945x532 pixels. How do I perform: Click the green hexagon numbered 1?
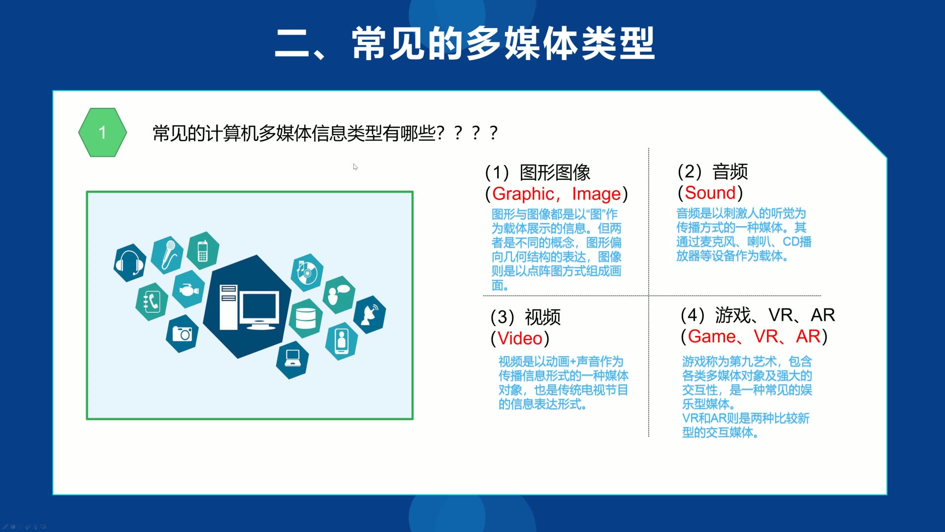point(102,133)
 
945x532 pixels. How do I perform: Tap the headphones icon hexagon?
point(129,263)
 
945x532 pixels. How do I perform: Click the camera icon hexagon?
point(182,334)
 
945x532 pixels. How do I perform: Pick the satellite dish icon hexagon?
point(370,314)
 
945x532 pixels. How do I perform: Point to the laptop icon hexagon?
point(292,358)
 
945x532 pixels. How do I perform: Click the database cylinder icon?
point(305,318)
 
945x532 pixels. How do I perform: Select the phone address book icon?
point(152,301)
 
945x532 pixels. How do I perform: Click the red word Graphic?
point(523,194)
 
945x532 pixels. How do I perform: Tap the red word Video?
point(520,338)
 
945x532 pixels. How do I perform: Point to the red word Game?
point(712,336)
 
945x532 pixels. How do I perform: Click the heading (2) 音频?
point(713,172)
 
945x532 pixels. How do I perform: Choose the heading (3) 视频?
point(526,317)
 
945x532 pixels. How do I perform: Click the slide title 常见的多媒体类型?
point(503,44)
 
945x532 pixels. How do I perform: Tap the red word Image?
point(596,194)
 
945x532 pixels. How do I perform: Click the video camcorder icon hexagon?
point(189,289)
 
